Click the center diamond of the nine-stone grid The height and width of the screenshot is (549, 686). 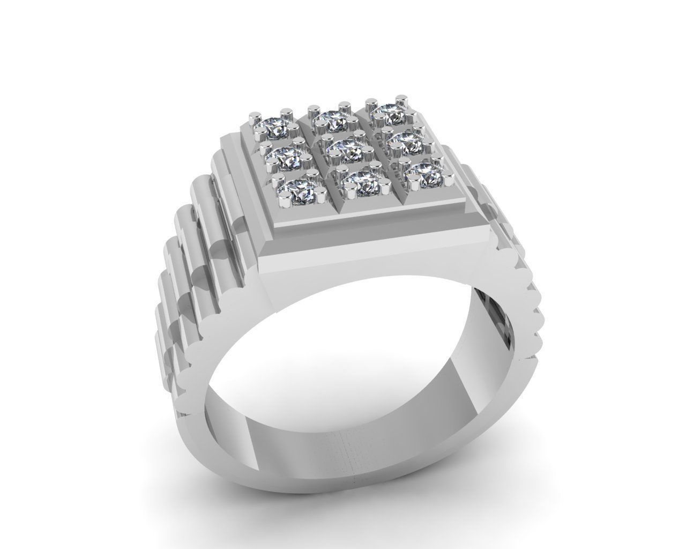[344, 150]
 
